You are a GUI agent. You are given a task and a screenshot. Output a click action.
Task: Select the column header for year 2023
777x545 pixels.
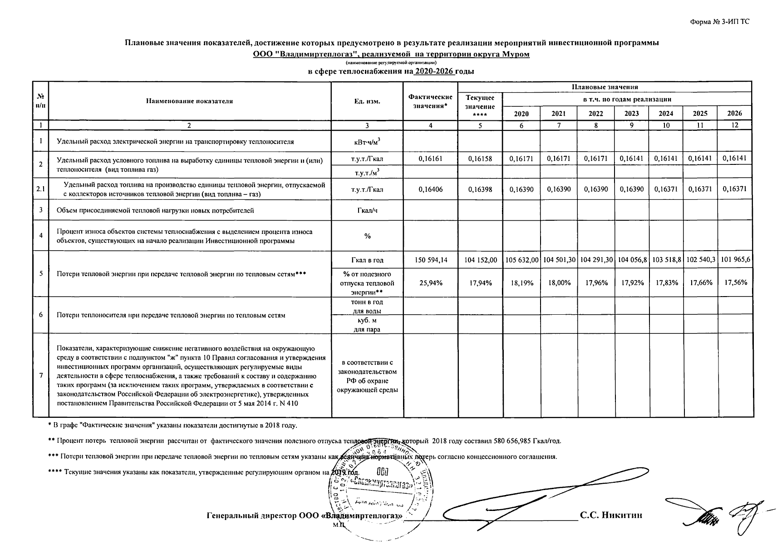[631, 114]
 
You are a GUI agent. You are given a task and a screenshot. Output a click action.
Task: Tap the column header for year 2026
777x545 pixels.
[734, 114]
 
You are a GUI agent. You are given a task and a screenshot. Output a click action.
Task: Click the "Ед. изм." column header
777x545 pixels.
[367, 101]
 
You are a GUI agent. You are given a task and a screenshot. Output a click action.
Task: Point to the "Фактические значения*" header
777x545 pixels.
[430, 101]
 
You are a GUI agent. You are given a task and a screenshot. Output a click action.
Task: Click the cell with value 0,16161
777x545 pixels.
[430, 159]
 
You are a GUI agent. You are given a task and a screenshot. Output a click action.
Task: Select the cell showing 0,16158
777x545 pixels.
[480, 159]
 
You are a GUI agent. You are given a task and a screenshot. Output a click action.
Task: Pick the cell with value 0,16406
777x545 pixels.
[430, 189]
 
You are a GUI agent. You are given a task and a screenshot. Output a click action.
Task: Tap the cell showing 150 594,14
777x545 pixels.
[430, 260]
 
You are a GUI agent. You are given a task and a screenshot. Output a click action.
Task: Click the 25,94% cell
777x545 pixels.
[430, 282]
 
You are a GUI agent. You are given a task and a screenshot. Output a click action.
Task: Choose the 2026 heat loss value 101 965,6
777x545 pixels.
[735, 260]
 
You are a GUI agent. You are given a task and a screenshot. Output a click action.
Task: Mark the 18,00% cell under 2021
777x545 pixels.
[559, 282]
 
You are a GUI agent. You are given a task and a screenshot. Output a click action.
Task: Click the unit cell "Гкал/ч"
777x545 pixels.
[367, 211]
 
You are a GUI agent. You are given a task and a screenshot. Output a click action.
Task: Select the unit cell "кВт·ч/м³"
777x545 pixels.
[367, 142]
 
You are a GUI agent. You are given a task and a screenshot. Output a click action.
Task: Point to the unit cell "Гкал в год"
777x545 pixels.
[367, 260]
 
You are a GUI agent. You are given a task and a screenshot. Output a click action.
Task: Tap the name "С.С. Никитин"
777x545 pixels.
[611, 515]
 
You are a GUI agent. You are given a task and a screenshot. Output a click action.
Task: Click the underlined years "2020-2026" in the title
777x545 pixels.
[434, 72]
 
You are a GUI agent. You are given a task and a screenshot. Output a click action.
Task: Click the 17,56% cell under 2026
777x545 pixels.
[735, 282]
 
